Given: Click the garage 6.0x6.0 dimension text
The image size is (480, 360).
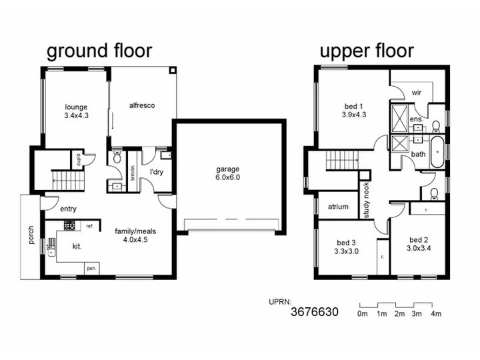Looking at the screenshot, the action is coord(228,177).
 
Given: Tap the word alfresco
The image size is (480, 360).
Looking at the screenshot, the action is coord(142,105).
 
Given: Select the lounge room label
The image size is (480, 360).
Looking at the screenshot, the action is coord(76,107).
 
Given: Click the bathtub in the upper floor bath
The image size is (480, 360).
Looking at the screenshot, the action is coord(437,152).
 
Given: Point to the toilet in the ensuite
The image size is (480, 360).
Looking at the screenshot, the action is coord(436,126).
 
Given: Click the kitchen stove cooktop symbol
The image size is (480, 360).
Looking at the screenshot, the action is coord(69,225).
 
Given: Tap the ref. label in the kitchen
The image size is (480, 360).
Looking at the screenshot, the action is coord(90,226).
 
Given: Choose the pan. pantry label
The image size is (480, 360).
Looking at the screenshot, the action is coord(91,269).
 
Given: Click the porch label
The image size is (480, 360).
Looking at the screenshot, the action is coord(31,235).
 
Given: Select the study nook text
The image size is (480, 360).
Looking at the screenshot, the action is coord(367,200).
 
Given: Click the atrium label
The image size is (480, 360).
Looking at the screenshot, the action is coord(338,207).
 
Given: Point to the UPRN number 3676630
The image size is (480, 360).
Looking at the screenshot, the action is coord(315,312).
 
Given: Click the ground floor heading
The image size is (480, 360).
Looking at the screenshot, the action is coord(99,51).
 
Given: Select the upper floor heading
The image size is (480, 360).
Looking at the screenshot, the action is coord(367,51).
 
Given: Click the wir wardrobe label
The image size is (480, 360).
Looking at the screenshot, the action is coord(417,93).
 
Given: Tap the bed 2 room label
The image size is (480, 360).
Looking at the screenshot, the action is coord(419,240).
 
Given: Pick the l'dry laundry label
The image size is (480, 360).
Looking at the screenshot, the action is coord(157,172).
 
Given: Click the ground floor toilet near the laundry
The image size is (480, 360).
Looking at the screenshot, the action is coord(117,157).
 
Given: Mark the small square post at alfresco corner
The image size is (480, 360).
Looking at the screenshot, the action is coord(173,71).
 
